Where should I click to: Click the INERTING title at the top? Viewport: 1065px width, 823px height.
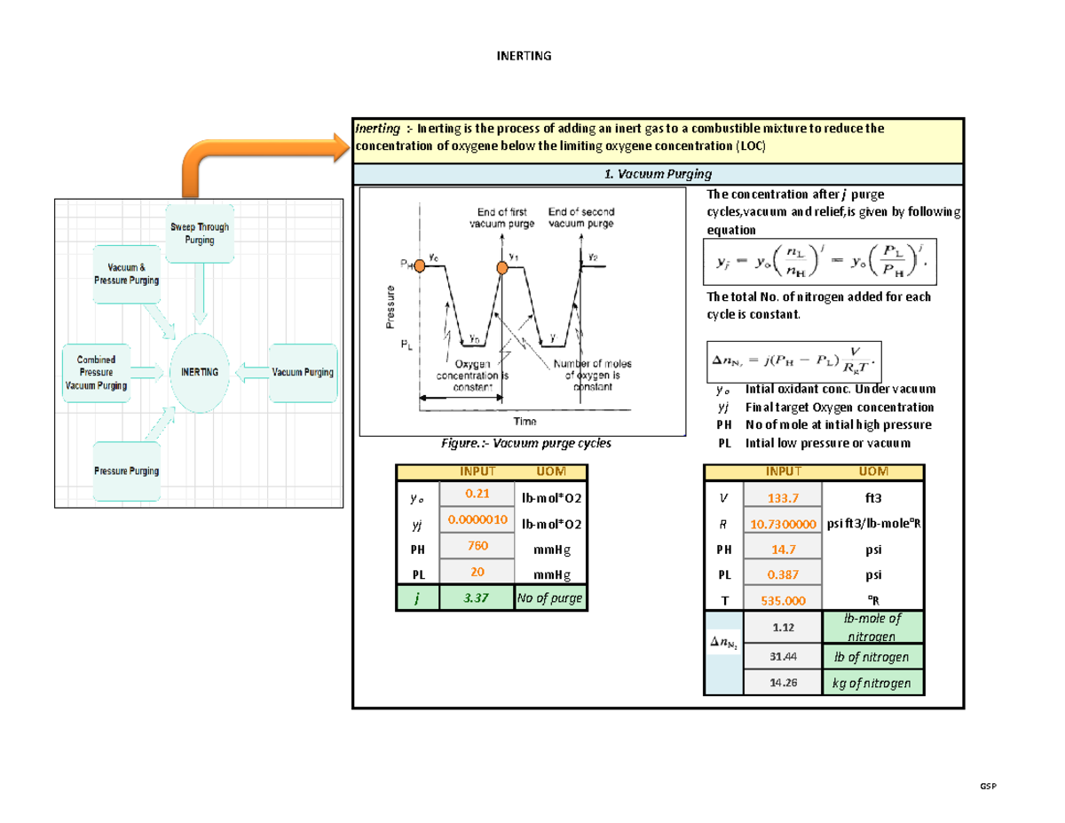coord(524,56)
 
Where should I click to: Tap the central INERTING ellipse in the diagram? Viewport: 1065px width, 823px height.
coord(200,372)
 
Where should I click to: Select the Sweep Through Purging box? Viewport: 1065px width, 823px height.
coord(200,233)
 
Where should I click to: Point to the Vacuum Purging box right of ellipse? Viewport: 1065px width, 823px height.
coord(303,372)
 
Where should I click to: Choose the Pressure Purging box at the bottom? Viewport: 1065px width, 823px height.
coord(127,471)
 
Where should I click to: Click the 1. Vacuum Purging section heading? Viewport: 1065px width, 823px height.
coord(657,175)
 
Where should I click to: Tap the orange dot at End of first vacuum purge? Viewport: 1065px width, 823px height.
coord(501,267)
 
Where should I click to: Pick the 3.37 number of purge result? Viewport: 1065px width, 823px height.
coord(477,598)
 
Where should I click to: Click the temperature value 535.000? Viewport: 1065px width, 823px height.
coord(782,599)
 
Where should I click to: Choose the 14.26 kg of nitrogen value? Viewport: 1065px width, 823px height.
coord(782,683)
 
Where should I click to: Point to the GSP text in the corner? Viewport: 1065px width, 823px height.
coord(987,787)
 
